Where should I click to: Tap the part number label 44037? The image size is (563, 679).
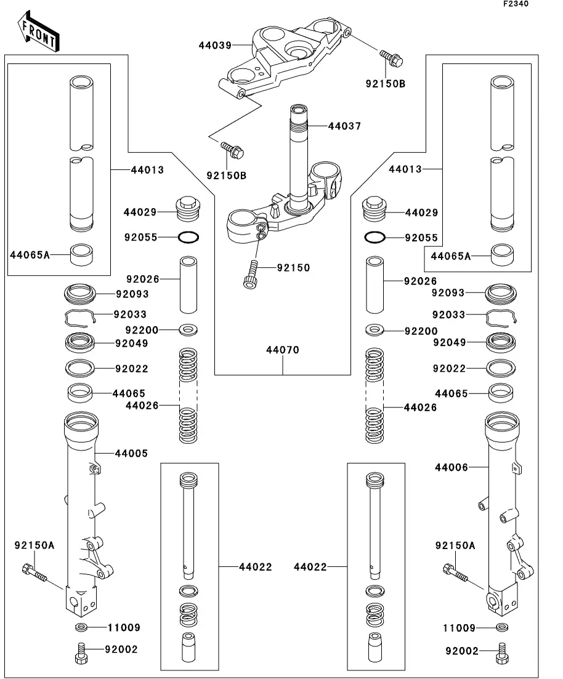pos(344,126)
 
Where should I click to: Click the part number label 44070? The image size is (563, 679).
pos(283,350)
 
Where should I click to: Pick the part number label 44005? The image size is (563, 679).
pos(131,454)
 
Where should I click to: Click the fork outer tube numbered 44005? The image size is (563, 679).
pos(81,505)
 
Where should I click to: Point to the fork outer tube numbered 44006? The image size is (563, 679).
pos(501,511)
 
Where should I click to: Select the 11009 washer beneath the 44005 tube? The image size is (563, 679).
pos(81,627)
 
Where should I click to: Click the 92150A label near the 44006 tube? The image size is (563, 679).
pos(455,545)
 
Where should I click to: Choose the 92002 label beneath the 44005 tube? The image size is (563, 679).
pos(121,649)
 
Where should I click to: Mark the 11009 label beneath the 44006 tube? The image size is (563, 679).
pos(460,629)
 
